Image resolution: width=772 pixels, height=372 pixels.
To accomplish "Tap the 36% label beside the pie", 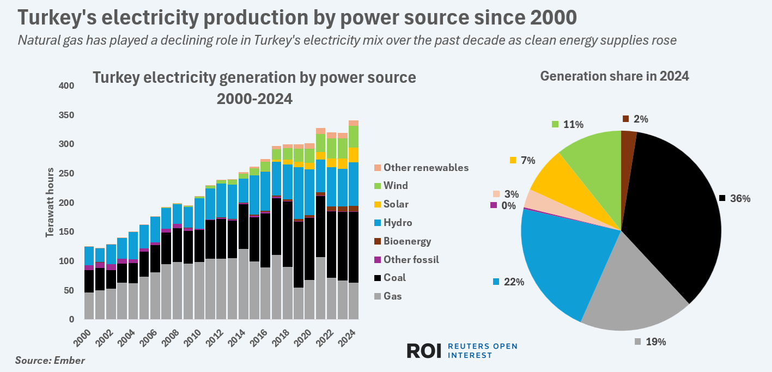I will [x=739, y=199].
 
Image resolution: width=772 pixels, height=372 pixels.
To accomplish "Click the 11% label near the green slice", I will [x=572, y=125].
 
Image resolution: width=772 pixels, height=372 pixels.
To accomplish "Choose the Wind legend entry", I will [x=396, y=186].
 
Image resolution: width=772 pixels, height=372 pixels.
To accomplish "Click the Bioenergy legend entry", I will [x=407, y=241].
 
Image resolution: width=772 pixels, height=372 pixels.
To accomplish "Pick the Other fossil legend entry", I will [x=411, y=259].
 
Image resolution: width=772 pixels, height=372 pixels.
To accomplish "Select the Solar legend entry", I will [x=396, y=204].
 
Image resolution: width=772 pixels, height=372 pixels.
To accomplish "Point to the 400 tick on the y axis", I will [x=66, y=86].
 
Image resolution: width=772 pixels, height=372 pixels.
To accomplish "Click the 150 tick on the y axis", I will [x=66, y=232].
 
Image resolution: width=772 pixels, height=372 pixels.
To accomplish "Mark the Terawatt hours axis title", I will [x=50, y=203].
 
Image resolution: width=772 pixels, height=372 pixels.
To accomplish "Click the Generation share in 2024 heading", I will [x=615, y=76].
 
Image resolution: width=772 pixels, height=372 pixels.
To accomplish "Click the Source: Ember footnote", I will [x=50, y=361].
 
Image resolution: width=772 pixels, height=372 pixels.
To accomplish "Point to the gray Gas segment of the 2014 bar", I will [x=244, y=284].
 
